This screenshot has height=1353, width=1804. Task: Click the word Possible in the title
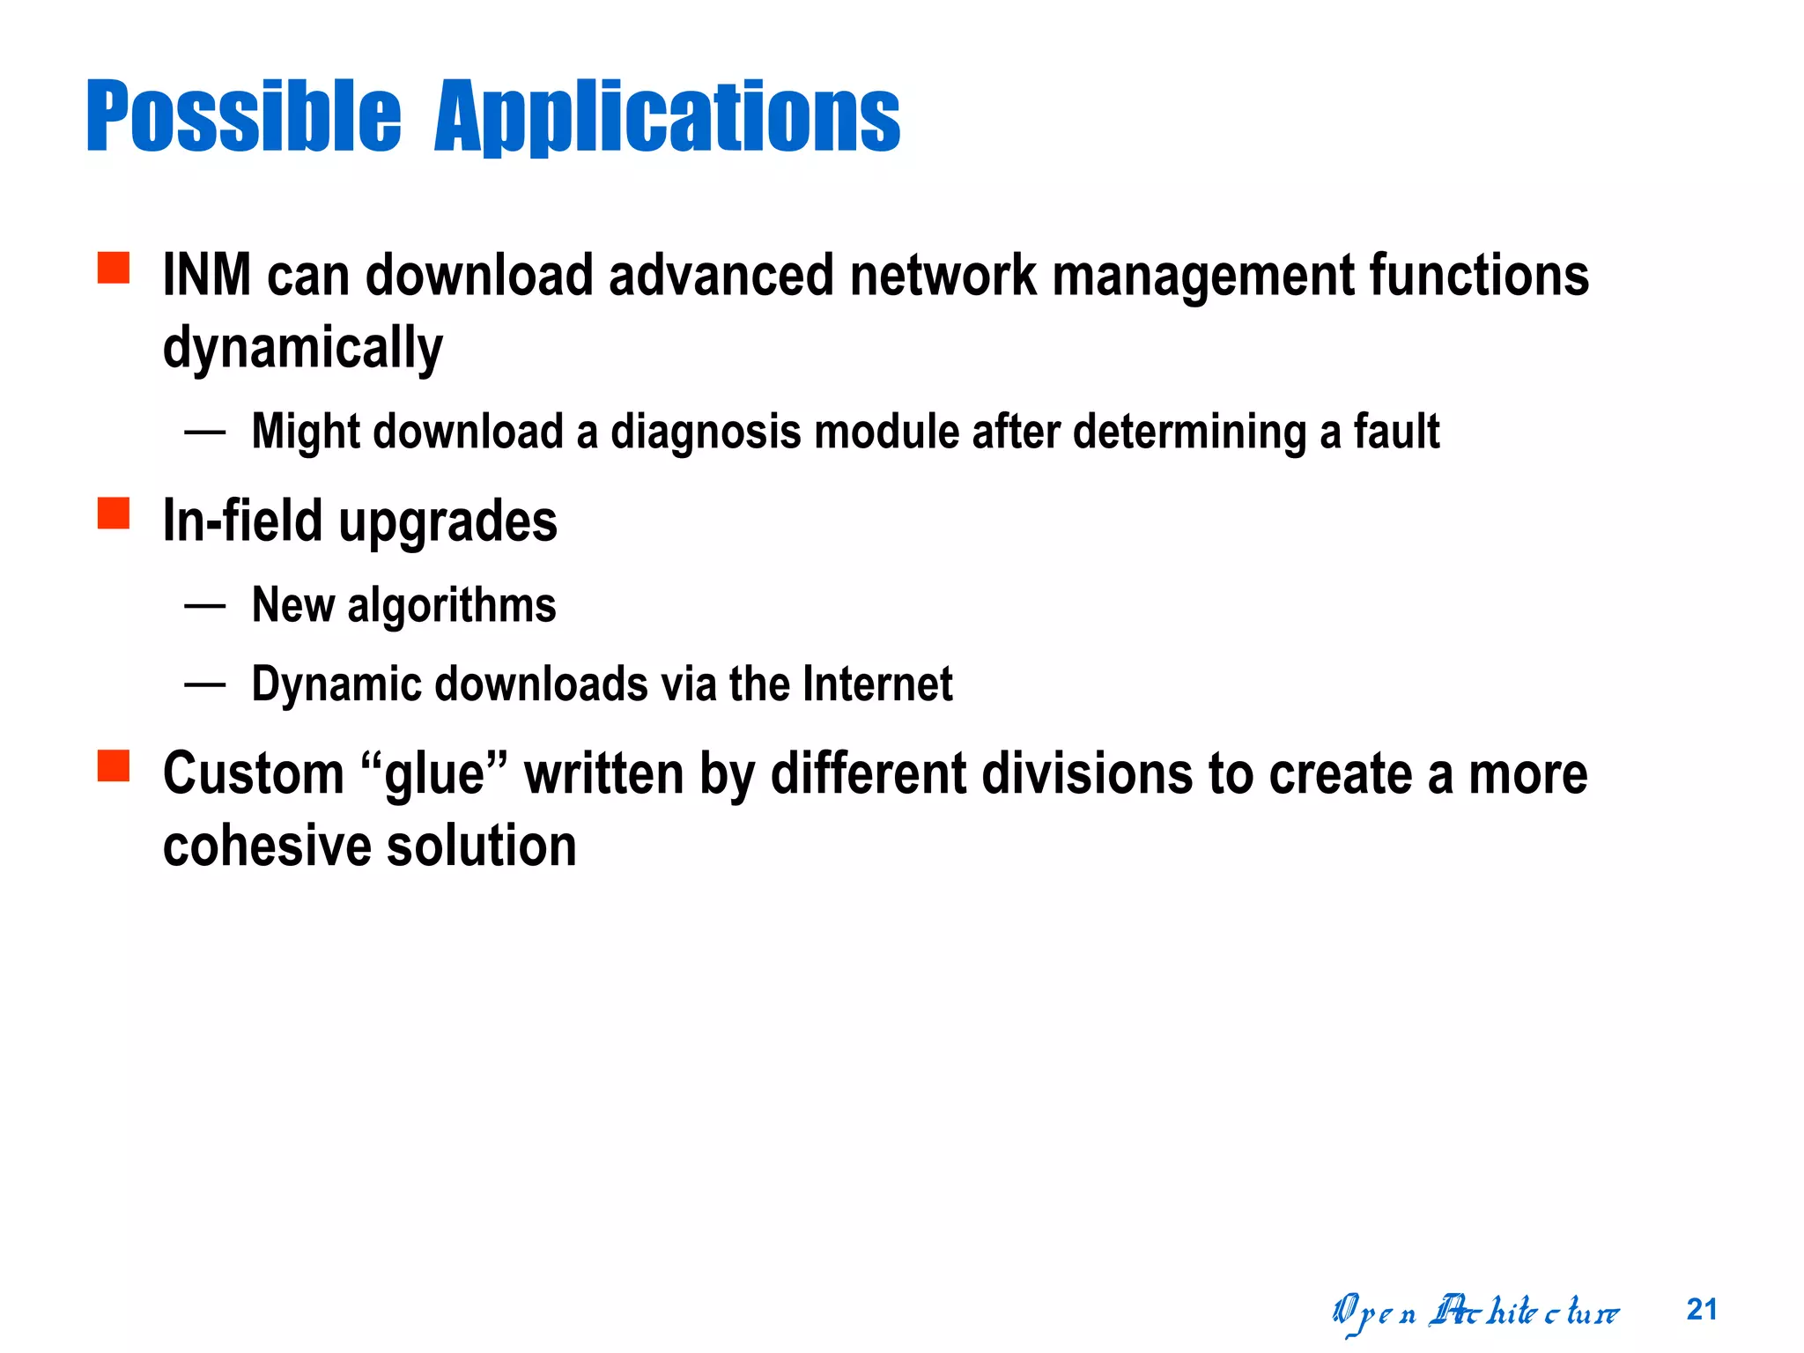[243, 116]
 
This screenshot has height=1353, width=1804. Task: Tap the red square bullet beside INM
[114, 268]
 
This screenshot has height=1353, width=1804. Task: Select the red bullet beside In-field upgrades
[114, 514]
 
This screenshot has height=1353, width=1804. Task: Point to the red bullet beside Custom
[114, 765]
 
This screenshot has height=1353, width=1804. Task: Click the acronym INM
[207, 276]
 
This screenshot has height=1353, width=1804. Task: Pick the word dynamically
[302, 349]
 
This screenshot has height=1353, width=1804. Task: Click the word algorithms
[452, 607]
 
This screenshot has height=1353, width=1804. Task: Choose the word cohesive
[268, 847]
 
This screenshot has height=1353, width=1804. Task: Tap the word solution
[482, 847]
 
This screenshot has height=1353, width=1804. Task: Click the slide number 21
[1702, 1310]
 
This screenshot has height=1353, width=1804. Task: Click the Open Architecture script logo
[1475, 1312]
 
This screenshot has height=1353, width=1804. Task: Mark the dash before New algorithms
[205, 606]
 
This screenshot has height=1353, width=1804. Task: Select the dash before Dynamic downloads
[205, 684]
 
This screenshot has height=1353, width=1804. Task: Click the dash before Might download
[205, 433]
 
